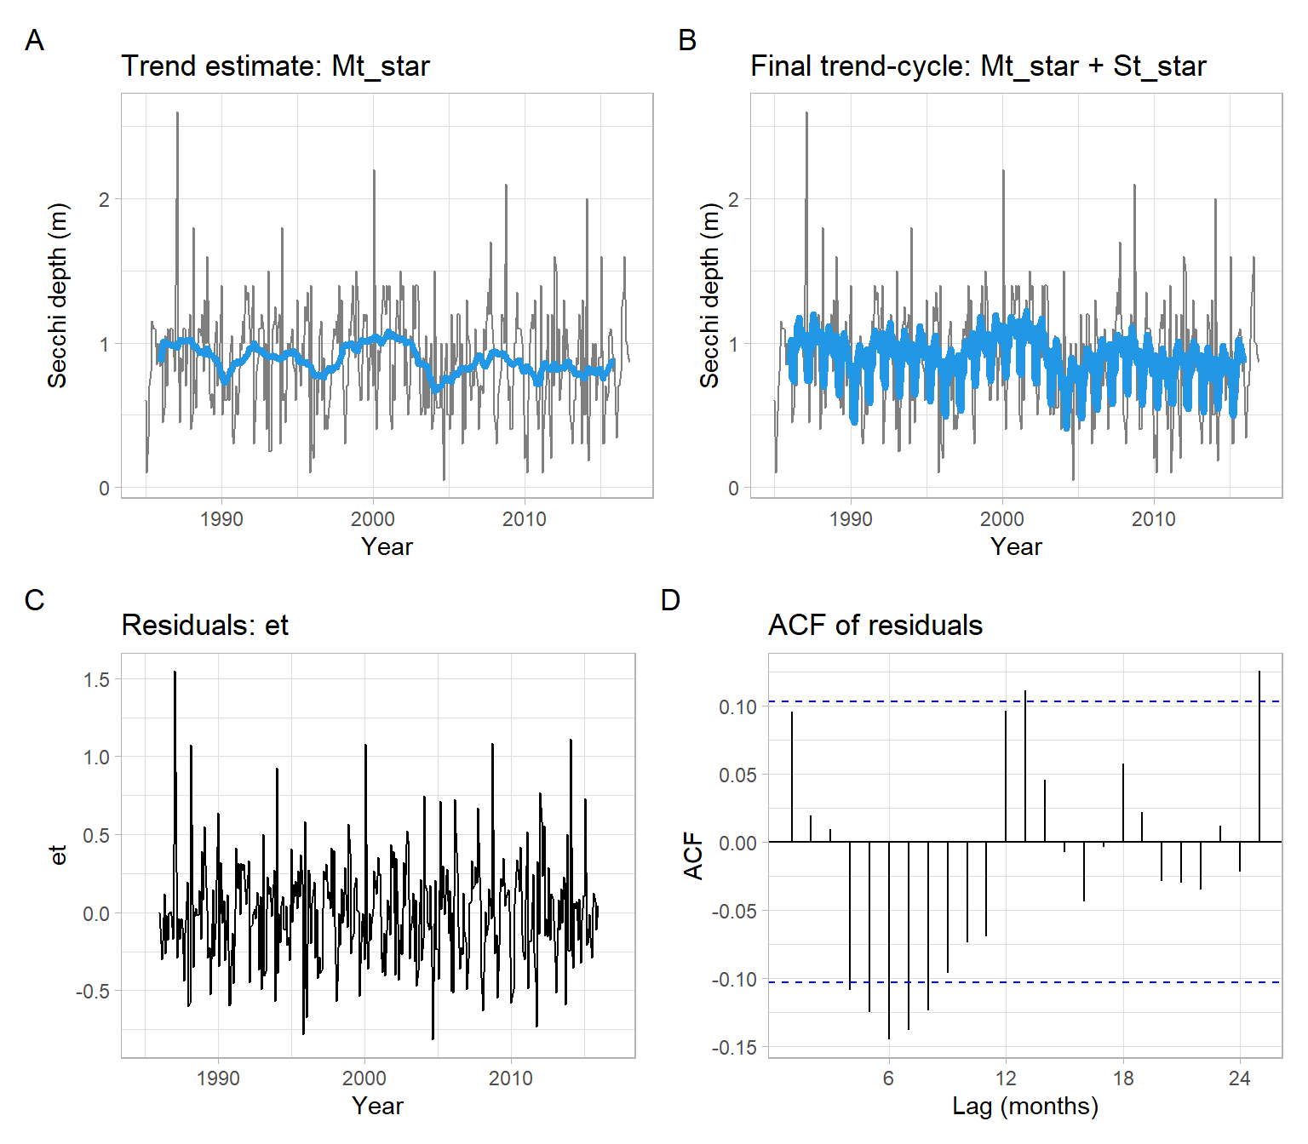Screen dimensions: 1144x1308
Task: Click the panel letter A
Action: (34, 40)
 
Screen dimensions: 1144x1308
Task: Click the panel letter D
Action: (670, 600)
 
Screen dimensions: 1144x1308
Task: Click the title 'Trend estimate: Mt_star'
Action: (275, 66)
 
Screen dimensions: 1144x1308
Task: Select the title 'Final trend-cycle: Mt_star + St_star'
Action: (978, 66)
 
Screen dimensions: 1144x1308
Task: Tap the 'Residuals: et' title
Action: (204, 626)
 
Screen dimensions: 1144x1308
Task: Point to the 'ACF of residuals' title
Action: (875, 626)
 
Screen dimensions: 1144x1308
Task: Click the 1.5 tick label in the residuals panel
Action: (96, 679)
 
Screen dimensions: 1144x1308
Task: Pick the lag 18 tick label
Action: (1122, 1078)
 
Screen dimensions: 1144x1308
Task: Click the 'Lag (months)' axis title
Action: (1024, 1107)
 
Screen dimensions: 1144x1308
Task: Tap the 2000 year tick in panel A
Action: (373, 519)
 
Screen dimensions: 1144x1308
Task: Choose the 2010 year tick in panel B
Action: (1153, 519)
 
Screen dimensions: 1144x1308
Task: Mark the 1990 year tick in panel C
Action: (218, 1078)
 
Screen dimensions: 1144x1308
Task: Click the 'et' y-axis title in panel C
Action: (58, 855)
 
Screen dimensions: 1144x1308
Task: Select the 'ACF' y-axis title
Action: (693, 855)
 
